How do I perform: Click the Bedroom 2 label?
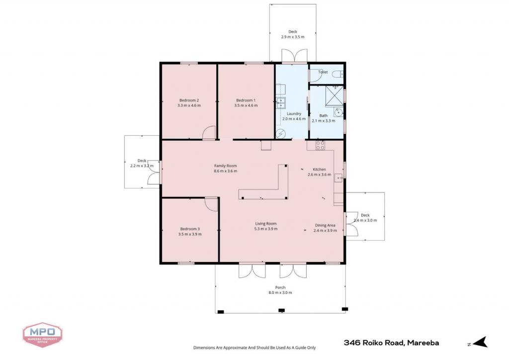pos(189,100)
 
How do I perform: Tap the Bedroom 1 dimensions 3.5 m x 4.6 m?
pos(246,105)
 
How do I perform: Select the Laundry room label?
pos(294,113)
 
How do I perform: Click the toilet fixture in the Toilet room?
pos(338,75)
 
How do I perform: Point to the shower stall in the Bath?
pos(335,96)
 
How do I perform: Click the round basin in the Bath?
pos(339,112)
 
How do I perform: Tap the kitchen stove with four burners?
pos(321,145)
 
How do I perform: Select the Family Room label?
pos(225,166)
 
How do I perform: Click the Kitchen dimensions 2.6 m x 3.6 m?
pos(320,175)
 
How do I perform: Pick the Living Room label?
pos(266,224)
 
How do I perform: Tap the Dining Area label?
pos(325,225)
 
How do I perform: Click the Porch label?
pos(280,287)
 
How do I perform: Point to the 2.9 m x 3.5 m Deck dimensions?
pos(293,37)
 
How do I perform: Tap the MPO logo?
pos(43,334)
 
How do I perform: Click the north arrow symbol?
pos(481,342)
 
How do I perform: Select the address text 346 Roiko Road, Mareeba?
pos(392,343)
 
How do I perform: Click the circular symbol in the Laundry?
pos(280,133)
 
